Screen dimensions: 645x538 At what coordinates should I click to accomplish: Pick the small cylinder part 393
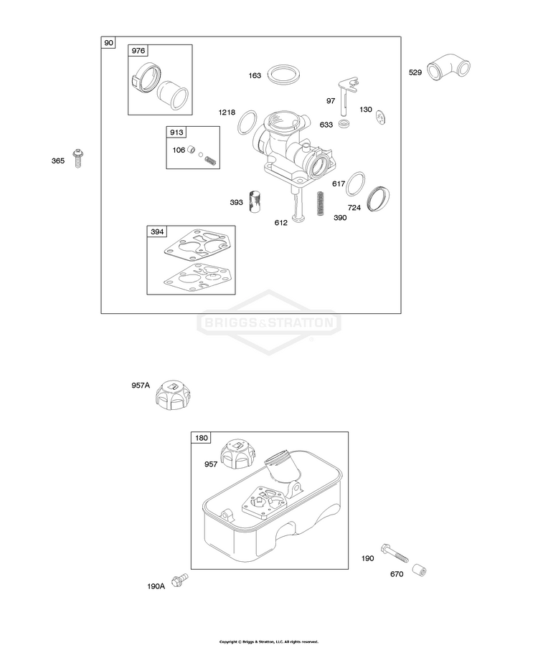(x=255, y=201)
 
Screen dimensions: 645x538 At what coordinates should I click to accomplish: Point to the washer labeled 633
(x=344, y=125)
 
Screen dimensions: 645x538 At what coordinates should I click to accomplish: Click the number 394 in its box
(x=157, y=231)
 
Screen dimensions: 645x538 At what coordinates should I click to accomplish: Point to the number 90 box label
(x=108, y=43)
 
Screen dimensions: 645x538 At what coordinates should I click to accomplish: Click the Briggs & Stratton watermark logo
(x=269, y=322)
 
